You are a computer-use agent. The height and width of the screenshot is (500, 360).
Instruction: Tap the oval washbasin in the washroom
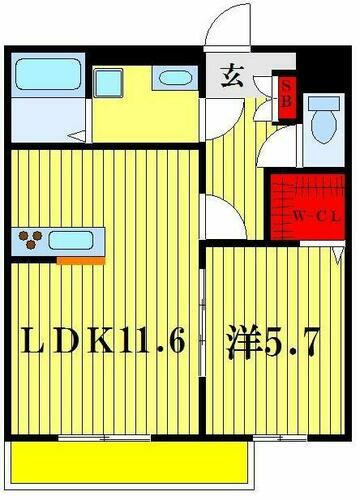(x=174, y=79)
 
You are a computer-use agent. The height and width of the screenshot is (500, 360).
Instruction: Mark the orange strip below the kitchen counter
(x=80, y=260)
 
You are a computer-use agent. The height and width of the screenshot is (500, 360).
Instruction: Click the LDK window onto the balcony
(x=110, y=437)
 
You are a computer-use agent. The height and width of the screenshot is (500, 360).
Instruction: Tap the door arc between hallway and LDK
(x=218, y=215)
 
